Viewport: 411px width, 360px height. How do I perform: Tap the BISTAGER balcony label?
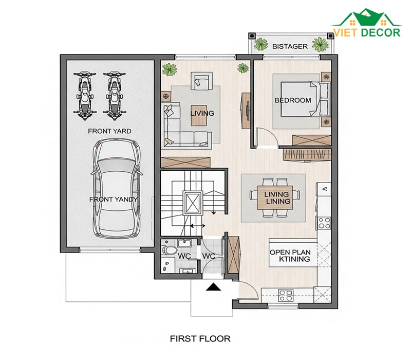[290, 46]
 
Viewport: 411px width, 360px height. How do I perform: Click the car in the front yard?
[117, 188]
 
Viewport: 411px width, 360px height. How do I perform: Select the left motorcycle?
[84, 96]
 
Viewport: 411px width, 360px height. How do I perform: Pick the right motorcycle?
[114, 96]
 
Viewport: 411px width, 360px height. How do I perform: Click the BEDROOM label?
[293, 100]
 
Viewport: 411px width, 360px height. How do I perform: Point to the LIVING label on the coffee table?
[202, 113]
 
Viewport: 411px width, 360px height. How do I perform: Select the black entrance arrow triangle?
[214, 287]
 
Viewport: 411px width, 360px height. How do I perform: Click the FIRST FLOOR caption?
[200, 338]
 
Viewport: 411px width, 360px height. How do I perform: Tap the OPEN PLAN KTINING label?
[290, 256]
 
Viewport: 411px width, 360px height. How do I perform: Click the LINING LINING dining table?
[275, 197]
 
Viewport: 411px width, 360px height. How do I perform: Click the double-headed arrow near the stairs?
[198, 226]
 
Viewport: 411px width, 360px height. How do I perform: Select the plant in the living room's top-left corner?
[170, 69]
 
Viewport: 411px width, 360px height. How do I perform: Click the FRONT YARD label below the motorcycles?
[109, 131]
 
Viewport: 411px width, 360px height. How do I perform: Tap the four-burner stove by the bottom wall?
[286, 295]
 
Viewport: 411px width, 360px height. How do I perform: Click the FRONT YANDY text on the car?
[114, 200]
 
